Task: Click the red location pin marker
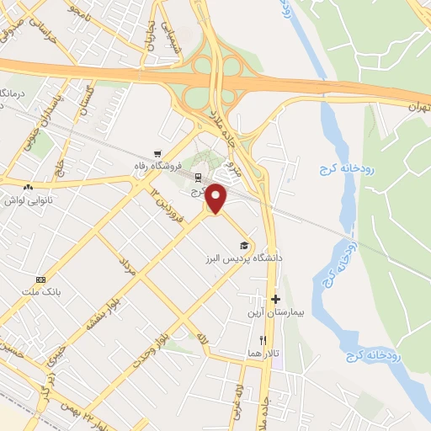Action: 216,197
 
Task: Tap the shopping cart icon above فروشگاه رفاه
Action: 157,153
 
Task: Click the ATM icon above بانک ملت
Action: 40,279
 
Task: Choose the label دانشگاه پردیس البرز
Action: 244,258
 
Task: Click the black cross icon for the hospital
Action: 275,299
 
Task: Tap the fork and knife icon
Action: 263,340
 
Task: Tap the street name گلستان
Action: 85,102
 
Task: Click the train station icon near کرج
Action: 198,178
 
